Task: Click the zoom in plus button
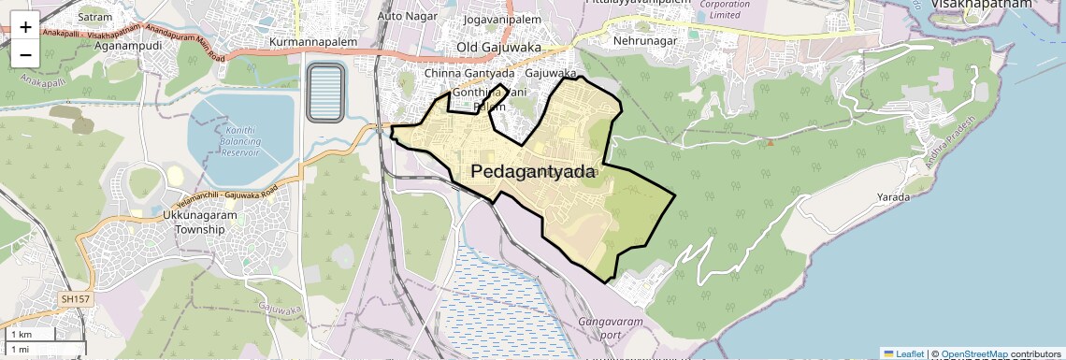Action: [25, 27]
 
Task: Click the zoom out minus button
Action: [25, 54]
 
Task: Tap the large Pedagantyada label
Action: [533, 171]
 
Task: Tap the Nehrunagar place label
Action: [643, 41]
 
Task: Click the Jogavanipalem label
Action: [501, 18]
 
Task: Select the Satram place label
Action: [94, 16]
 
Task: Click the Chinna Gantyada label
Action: [469, 73]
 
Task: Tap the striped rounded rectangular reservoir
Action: [326, 93]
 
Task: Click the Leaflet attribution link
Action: [904, 353]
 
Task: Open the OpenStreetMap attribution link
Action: [974, 353]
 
